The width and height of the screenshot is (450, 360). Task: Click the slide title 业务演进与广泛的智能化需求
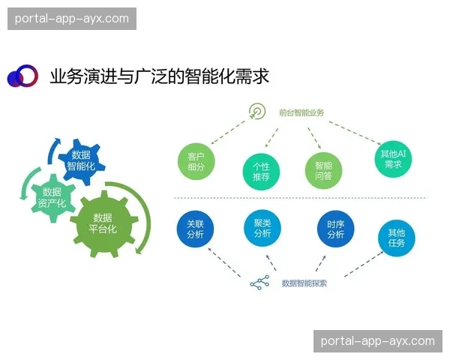pyautogui.click(x=159, y=76)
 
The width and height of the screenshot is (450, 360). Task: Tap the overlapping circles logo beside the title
pyautogui.click(x=22, y=76)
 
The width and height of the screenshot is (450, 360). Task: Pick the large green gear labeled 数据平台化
pyautogui.click(x=103, y=223)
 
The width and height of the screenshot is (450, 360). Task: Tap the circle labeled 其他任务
pyautogui.click(x=396, y=238)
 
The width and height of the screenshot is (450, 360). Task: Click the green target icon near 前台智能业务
pyautogui.click(x=257, y=112)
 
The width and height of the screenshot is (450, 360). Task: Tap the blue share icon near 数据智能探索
pyautogui.click(x=259, y=283)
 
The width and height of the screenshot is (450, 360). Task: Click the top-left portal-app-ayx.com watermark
pyautogui.click(x=72, y=18)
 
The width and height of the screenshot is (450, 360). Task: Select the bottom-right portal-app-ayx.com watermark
pyautogui.click(x=377, y=340)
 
